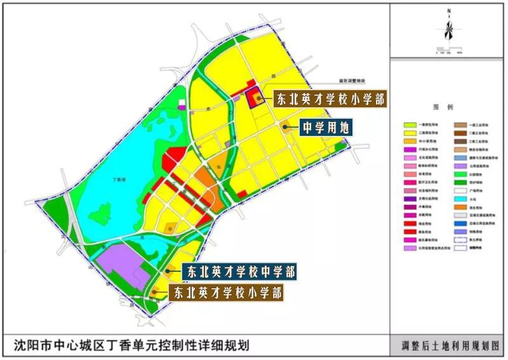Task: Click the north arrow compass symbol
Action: (448, 29)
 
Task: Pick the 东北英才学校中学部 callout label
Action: (239, 272)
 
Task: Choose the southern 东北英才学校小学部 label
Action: (227, 292)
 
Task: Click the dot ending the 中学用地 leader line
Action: (285, 127)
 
